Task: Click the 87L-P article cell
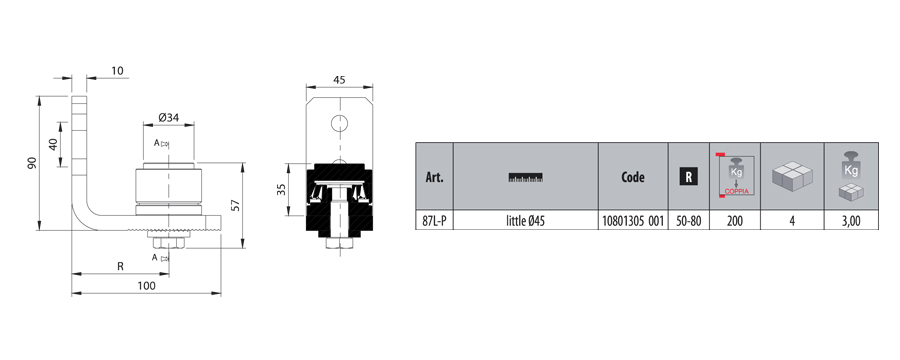pyautogui.click(x=435, y=220)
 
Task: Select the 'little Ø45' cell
pyautogui.click(x=526, y=220)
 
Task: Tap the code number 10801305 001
pyautogui.click(x=633, y=220)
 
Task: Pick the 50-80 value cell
pyautogui.click(x=689, y=220)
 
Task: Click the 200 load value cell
pyautogui.click(x=735, y=220)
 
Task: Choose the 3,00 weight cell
pyautogui.click(x=851, y=220)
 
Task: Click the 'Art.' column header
pyautogui.click(x=435, y=177)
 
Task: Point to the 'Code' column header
pyautogui.click(x=633, y=177)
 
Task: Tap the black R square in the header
pyautogui.click(x=689, y=177)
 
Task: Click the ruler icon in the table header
pyautogui.click(x=526, y=177)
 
